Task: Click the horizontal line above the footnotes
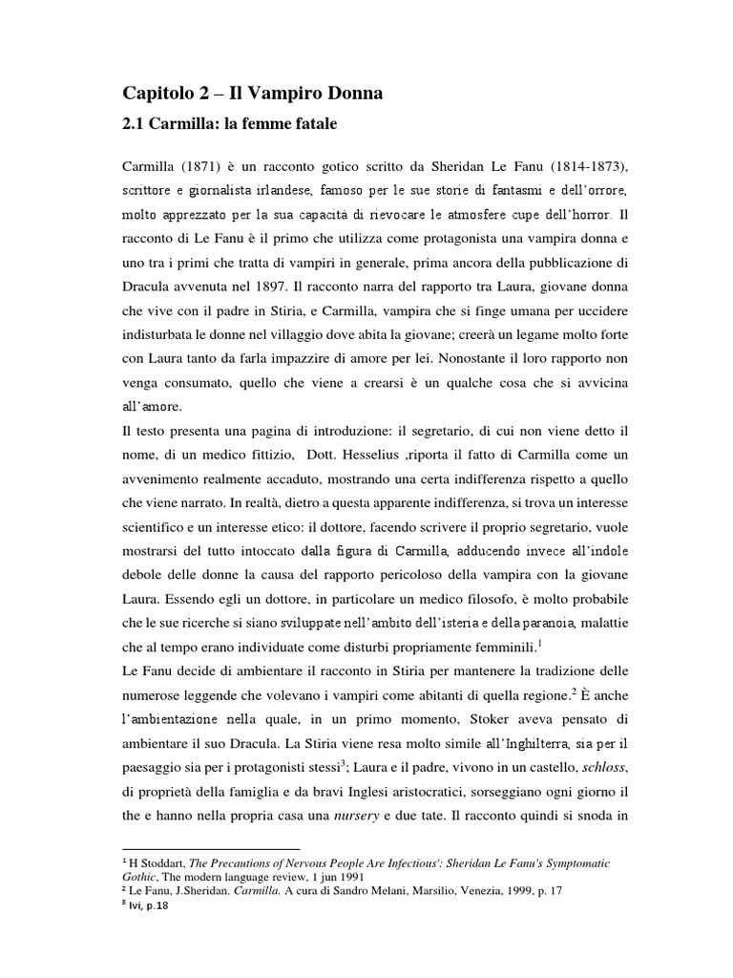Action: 212,848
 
